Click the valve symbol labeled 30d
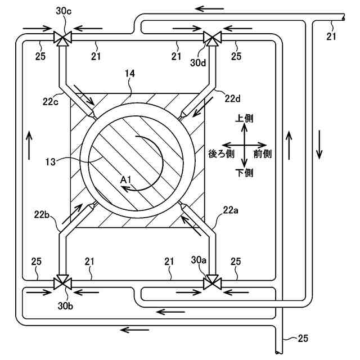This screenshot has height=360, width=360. (x=211, y=38)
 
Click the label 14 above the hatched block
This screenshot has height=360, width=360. (x=130, y=73)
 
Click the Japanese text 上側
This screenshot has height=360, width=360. (x=244, y=119)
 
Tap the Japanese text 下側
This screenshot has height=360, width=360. (x=244, y=173)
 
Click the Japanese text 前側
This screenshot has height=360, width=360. (x=263, y=154)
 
